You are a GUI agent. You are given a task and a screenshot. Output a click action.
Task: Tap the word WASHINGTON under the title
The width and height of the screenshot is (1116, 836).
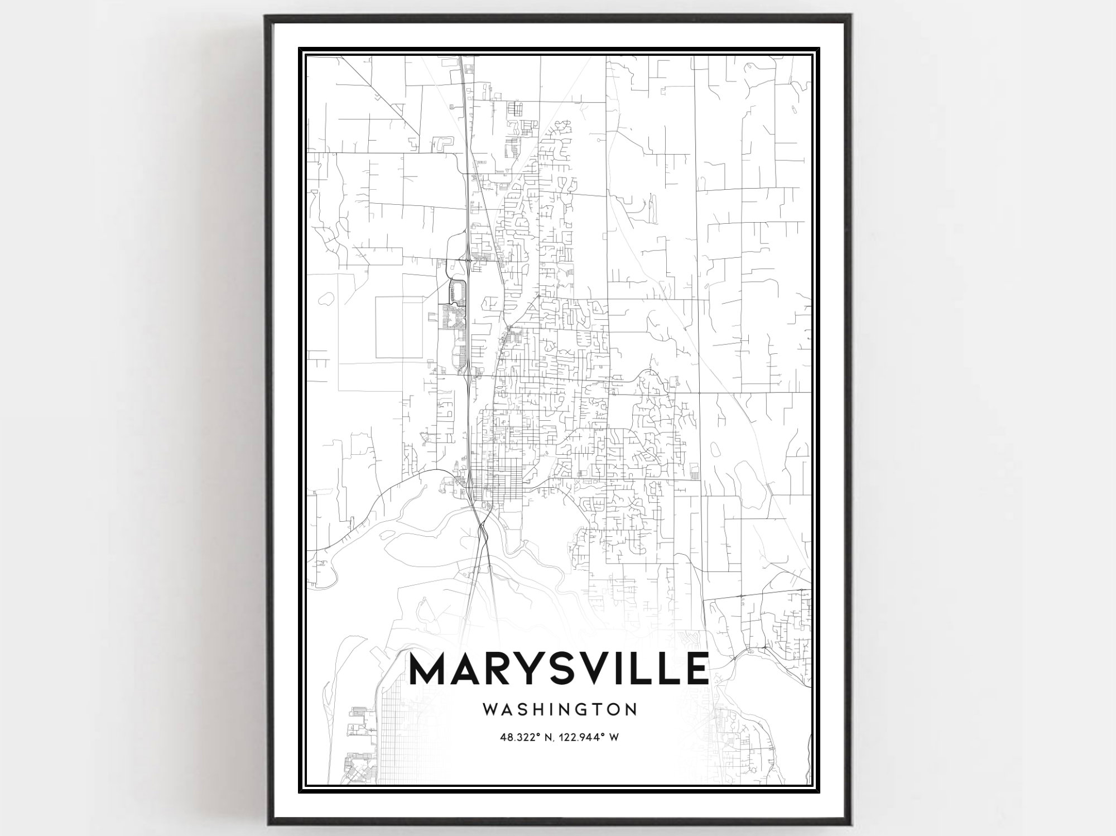coord(559,709)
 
